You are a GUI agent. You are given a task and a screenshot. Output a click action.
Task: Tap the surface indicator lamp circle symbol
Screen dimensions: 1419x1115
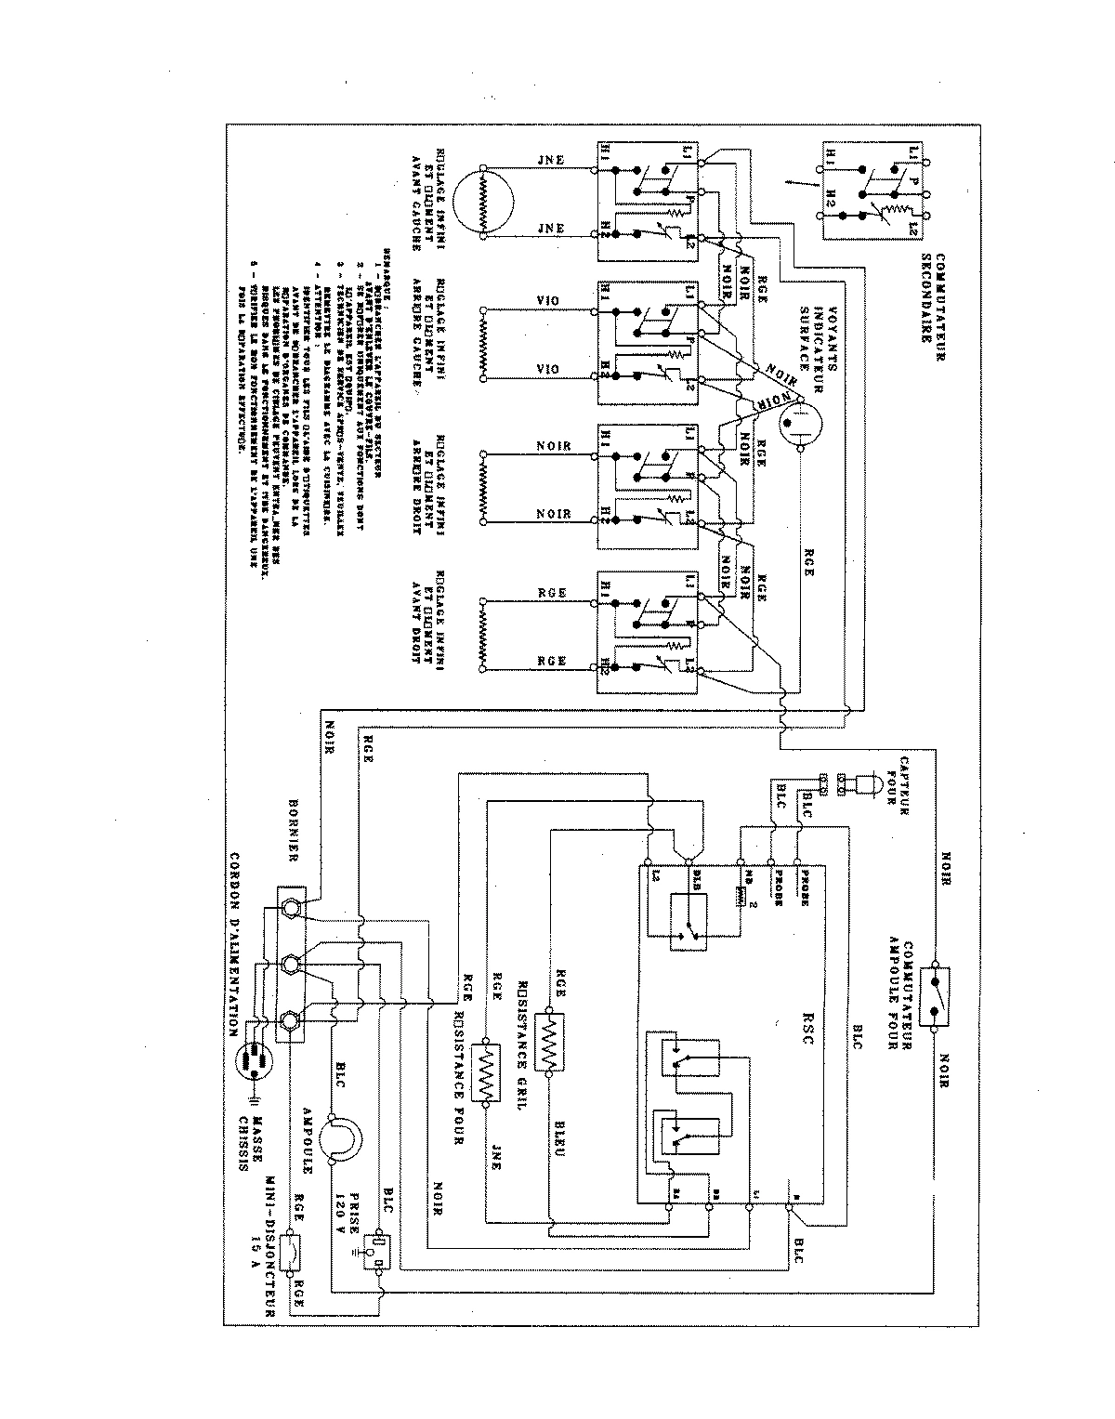point(798,424)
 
